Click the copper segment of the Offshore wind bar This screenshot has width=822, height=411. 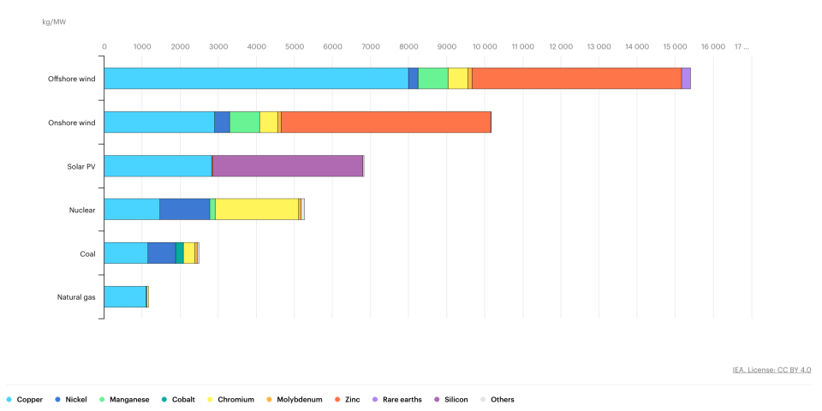coord(256,78)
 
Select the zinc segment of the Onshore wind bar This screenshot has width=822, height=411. coord(386,122)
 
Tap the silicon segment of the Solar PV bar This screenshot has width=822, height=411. coord(288,165)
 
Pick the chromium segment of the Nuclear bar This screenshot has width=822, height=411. coord(257,209)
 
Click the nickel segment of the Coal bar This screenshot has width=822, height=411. coord(162,253)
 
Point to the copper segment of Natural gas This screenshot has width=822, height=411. coord(125,296)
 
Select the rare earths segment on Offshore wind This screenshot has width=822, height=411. coord(686,78)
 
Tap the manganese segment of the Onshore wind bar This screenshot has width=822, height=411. coord(245,122)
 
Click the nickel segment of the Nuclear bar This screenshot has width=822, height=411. coord(185,209)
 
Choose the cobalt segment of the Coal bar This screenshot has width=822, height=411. coord(180,253)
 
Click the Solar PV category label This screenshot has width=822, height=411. coord(81,166)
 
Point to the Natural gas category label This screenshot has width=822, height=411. coord(76,297)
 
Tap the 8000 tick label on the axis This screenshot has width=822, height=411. coord(409,46)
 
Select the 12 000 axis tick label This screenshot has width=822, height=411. coord(561,46)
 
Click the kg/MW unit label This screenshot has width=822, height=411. coord(54,22)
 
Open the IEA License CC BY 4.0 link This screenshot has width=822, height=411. coord(771,370)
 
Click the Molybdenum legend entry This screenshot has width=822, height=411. coord(294,400)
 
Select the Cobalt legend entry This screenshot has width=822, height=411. coord(178,400)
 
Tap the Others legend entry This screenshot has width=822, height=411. coord(497,400)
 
